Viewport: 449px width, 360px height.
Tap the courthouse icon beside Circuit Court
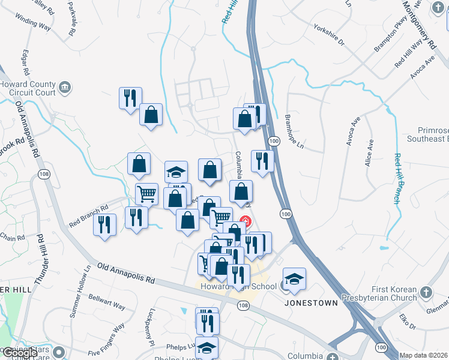[66, 88]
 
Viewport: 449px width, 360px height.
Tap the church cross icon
[426, 293]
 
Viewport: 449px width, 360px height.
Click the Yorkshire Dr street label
[329, 35]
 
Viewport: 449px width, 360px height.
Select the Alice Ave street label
[369, 154]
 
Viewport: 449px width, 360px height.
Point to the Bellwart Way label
[106, 301]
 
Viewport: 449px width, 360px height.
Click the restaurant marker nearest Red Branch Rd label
[105, 225]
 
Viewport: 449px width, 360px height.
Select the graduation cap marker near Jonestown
[294, 279]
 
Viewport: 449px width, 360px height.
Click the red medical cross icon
[245, 221]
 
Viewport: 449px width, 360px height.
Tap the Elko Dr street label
[405, 324]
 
